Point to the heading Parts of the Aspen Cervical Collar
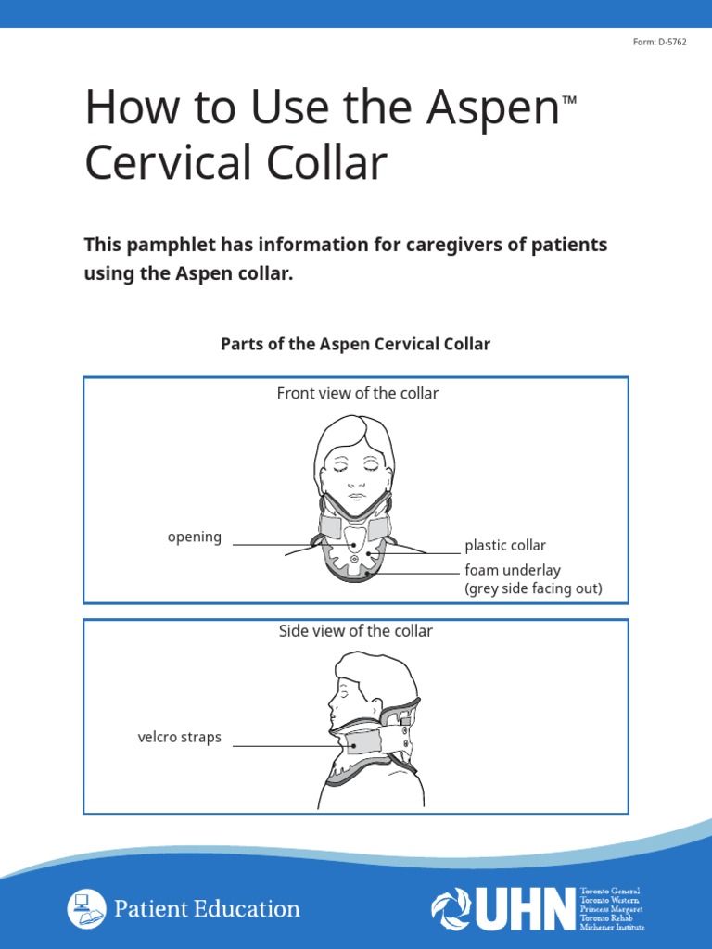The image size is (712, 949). [x=355, y=344]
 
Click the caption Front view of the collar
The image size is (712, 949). [x=357, y=393]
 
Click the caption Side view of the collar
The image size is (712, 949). [x=355, y=631]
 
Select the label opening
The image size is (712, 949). [x=194, y=537]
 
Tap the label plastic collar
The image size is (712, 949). [x=505, y=545]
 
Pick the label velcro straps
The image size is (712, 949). [x=179, y=738]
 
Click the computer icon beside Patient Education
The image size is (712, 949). [x=85, y=908]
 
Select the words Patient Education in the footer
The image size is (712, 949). [x=207, y=909]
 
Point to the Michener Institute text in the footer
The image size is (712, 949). [x=611, y=927]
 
